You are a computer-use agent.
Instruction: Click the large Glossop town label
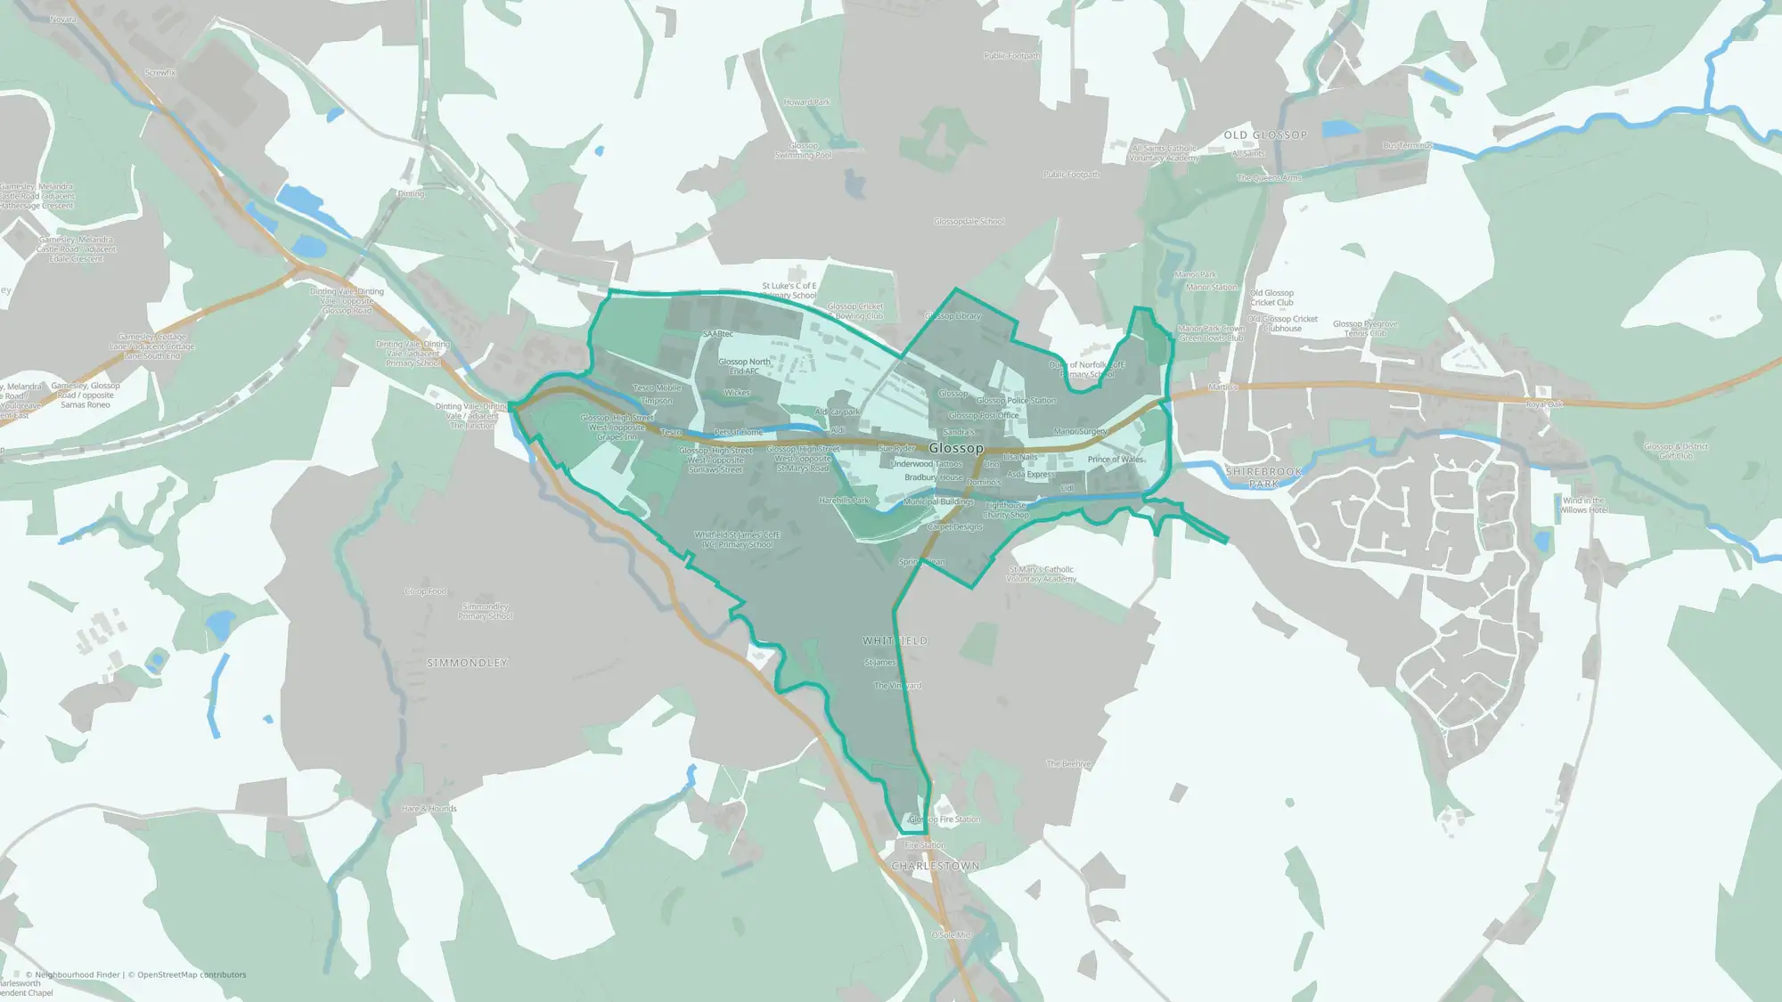click(956, 448)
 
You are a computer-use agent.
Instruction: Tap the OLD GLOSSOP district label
click(1265, 135)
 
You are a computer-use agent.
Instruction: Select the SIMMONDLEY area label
click(467, 663)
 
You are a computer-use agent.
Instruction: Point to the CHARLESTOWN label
click(936, 866)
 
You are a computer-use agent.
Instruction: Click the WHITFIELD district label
click(895, 640)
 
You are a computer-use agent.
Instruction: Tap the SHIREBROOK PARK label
click(1263, 477)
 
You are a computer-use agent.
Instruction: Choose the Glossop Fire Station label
click(944, 819)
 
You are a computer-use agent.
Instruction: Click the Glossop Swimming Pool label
click(804, 151)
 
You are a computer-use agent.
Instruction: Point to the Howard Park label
click(807, 102)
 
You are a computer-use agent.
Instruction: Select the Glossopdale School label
click(969, 222)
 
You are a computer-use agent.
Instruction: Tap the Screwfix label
click(160, 73)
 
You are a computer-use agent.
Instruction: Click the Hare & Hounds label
click(429, 809)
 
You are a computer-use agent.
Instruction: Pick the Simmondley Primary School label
click(486, 611)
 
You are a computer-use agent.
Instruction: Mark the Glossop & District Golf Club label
click(1676, 451)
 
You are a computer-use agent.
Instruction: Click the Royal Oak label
click(1544, 404)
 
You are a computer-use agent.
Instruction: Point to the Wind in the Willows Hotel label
click(1583, 505)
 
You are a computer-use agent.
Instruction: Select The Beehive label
click(1068, 764)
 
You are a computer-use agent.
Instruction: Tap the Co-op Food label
click(425, 591)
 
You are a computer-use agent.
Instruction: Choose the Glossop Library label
click(952, 316)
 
